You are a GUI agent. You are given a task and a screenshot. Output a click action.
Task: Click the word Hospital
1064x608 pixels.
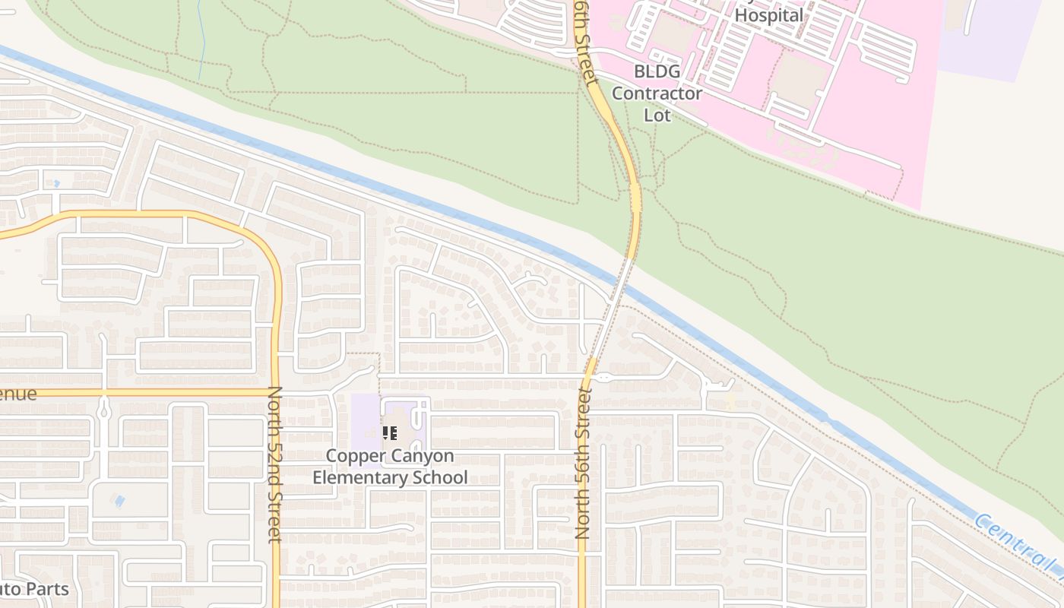point(769,15)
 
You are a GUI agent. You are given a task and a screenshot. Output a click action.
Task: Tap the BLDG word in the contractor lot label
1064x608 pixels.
point(657,72)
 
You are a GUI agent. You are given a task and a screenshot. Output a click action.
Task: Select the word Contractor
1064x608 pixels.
point(657,93)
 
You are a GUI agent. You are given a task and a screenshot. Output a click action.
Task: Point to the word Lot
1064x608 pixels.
point(657,115)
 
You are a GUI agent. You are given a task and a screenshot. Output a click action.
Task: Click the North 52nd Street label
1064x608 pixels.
point(274,464)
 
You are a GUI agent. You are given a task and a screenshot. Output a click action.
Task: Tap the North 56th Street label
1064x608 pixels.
point(583,463)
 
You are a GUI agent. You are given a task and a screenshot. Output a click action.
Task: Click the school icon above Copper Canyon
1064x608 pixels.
point(390,433)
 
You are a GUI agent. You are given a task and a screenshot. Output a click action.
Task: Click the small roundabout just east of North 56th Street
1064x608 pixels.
point(603,377)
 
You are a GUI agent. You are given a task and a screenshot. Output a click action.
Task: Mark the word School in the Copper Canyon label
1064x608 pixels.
point(439,477)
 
